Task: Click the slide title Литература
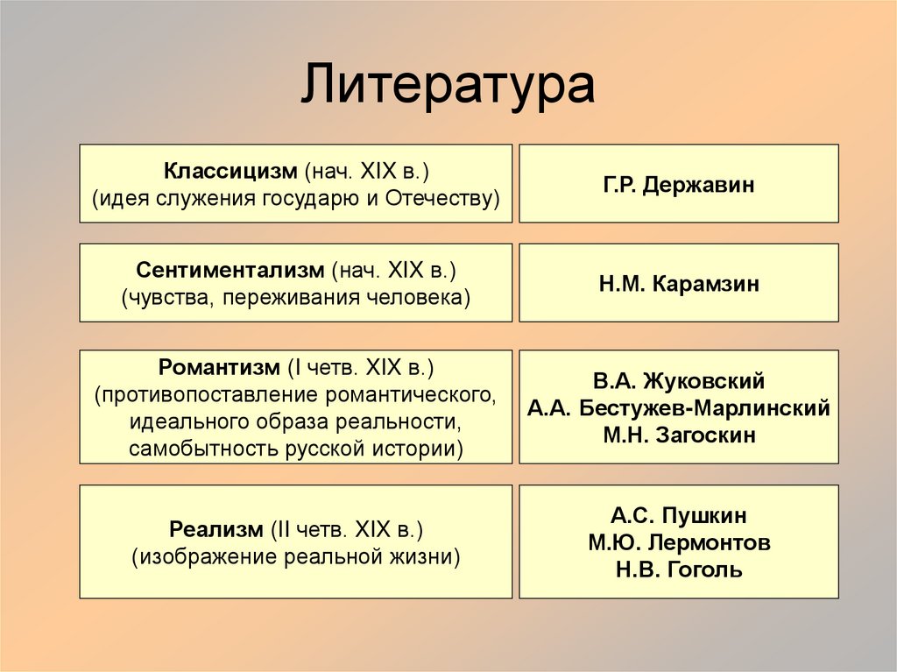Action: [448, 86]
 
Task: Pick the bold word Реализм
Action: [215, 529]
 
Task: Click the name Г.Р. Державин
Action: [678, 185]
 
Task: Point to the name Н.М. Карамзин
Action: [678, 284]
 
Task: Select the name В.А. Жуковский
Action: [678, 381]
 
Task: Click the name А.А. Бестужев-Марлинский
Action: [678, 408]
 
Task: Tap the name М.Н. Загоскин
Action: [678, 435]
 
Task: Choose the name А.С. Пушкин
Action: [678, 515]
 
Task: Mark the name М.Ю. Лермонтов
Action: [678, 542]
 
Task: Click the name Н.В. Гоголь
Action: [678, 569]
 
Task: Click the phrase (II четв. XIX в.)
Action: [346, 529]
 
